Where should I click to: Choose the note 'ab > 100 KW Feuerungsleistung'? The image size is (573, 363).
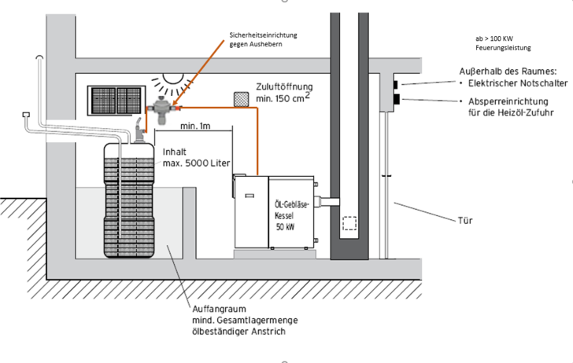pyautogui.click(x=505, y=43)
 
